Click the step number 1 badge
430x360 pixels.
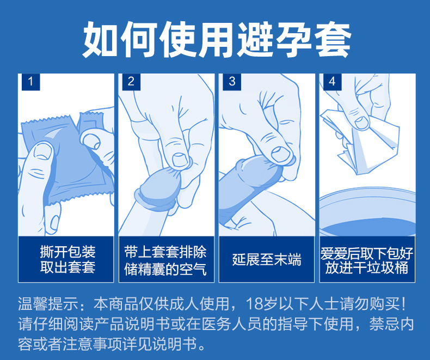click(x=30, y=82)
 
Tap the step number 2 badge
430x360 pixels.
click(x=131, y=82)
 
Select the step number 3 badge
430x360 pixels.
click(x=232, y=82)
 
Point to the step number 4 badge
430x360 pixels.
click(x=332, y=82)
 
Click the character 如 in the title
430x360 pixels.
click(x=100, y=40)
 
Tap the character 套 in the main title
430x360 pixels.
click(x=333, y=40)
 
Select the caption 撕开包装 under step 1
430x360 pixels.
click(x=67, y=252)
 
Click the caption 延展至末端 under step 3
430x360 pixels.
click(x=267, y=259)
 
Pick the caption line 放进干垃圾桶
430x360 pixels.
click(x=367, y=267)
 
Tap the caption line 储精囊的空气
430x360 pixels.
click(x=165, y=269)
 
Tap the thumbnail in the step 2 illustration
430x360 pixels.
click(x=180, y=160)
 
